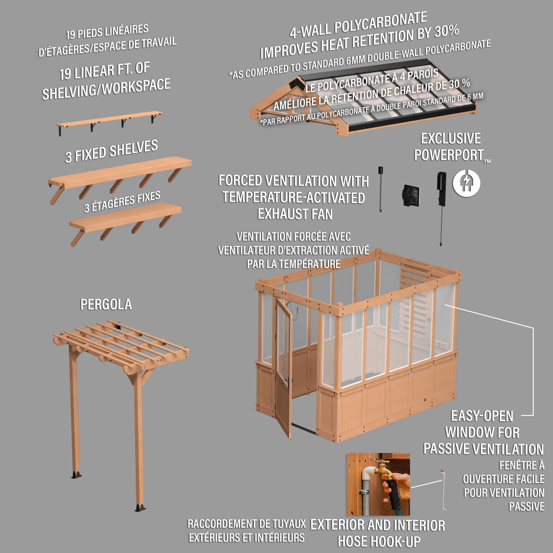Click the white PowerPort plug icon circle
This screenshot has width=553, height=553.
(x=466, y=183)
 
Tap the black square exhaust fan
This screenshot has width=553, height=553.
(x=411, y=195)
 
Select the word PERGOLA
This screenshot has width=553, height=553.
(x=106, y=305)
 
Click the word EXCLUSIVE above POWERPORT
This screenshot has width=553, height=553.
(x=451, y=139)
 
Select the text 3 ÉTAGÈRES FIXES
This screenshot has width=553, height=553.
(x=122, y=202)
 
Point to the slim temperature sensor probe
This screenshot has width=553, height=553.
(x=380, y=189)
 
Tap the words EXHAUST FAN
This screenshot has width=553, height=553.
(x=295, y=214)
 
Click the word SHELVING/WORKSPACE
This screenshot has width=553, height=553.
(x=106, y=89)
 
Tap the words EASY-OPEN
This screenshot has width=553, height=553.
(x=482, y=416)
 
